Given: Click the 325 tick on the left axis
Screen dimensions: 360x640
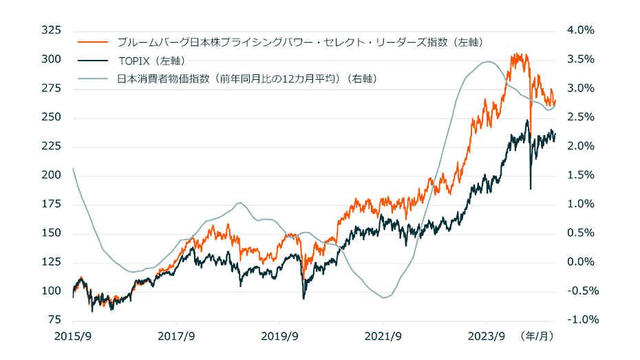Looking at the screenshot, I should tap(52, 31).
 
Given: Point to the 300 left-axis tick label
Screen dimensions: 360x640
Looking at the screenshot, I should tap(52, 60).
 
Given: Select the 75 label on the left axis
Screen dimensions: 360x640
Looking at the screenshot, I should tap(55, 320).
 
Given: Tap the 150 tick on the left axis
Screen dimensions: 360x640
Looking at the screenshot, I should tap(52, 233).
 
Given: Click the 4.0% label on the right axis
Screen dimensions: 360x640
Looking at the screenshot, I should tap(580, 31).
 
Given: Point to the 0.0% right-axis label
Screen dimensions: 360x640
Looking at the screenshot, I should tap(580, 262).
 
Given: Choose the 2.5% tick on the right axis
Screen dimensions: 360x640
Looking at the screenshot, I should tap(580, 118).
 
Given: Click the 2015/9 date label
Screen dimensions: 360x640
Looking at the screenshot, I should tap(73, 337).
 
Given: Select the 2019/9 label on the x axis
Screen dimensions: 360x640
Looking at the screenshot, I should tap(279, 337).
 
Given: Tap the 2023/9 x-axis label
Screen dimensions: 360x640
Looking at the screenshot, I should tap(486, 337).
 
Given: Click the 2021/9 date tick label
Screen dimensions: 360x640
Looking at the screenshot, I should tap(383, 337).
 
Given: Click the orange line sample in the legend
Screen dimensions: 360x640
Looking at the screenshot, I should tap(94, 43).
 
